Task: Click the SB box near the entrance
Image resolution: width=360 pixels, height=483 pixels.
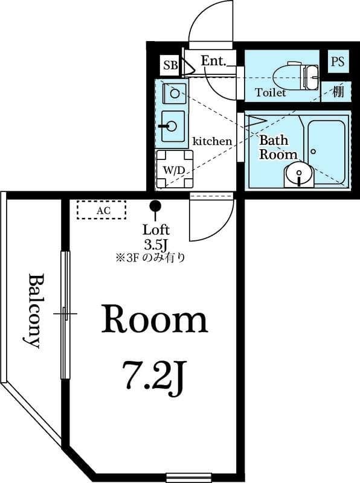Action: point(170,65)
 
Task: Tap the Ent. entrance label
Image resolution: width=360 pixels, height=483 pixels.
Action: point(213,61)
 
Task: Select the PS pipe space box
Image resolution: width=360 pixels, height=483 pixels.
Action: point(337,62)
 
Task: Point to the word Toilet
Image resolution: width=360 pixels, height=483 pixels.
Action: point(270,93)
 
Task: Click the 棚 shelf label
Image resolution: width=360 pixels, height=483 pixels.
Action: point(338,92)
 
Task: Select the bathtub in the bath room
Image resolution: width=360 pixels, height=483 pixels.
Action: point(327,152)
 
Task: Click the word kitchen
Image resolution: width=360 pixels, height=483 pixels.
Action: point(212,141)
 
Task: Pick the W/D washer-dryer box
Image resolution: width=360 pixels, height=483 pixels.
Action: point(173,170)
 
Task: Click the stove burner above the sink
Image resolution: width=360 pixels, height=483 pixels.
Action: point(173,92)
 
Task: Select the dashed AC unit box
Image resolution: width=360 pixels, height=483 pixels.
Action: point(101,210)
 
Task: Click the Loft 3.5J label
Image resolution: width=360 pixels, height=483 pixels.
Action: point(155,237)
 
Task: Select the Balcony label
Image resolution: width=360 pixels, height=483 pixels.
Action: point(35,311)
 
